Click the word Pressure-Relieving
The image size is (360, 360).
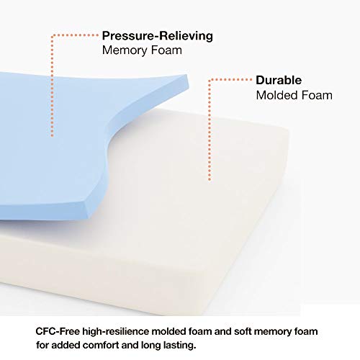click(158, 36)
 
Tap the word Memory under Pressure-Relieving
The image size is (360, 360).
click(125, 50)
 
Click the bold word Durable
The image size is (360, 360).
click(279, 80)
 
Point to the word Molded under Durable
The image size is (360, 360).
click(276, 95)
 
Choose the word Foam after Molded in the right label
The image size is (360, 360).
click(317, 95)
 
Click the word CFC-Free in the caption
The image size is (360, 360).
click(58, 331)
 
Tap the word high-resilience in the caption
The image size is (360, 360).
click(116, 332)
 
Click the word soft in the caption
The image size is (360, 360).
click(243, 331)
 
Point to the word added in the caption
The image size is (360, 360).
click(66, 346)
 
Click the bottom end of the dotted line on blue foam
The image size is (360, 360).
click(52, 136)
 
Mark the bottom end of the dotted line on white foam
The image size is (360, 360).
click(210, 179)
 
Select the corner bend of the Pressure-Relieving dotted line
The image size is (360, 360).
click(53, 36)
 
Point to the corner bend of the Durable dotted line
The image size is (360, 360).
click(210, 80)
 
